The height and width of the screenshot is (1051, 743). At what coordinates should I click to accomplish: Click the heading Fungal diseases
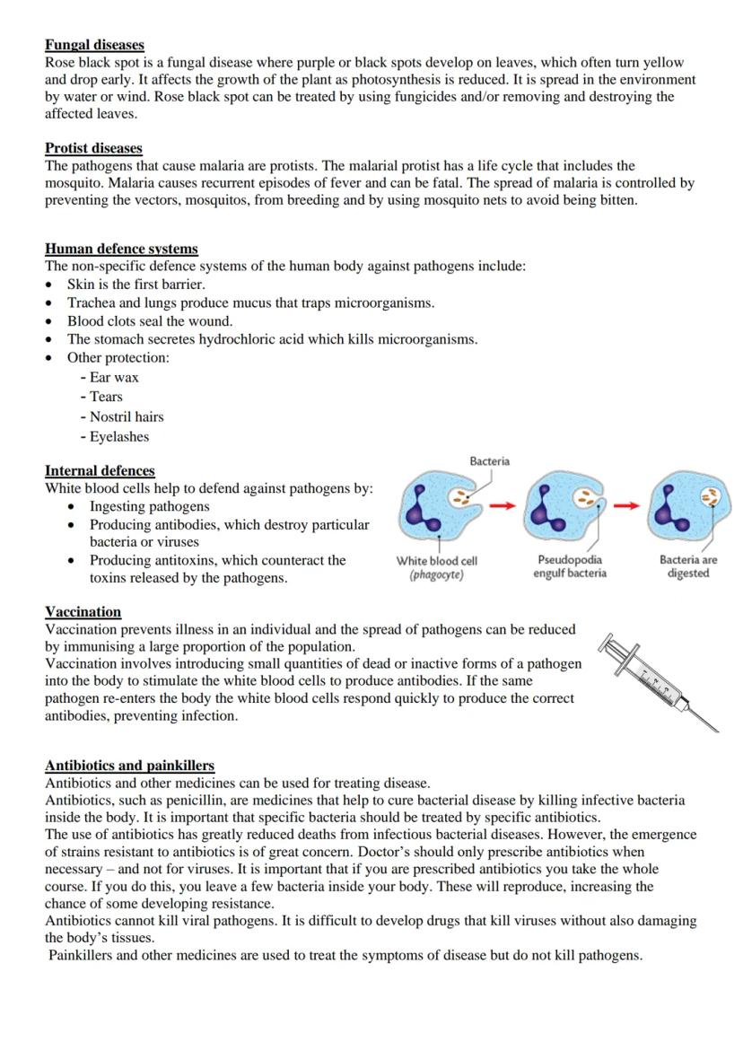[x=94, y=45]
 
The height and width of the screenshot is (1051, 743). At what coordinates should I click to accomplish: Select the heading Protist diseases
[x=93, y=148]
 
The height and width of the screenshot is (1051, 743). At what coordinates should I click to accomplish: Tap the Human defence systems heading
[x=121, y=249]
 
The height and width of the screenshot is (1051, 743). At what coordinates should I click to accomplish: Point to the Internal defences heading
[x=100, y=470]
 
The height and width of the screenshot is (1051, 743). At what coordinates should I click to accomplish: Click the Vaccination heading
[x=83, y=612]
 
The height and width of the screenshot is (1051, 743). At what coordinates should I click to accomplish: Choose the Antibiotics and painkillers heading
[x=129, y=766]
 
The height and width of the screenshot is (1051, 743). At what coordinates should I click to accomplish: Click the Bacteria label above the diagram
[x=489, y=461]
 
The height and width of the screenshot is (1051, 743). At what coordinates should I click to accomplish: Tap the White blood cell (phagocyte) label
[x=437, y=567]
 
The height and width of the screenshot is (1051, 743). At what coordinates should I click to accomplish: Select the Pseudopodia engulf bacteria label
[x=570, y=566]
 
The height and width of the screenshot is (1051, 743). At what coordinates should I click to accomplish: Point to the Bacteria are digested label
[x=688, y=566]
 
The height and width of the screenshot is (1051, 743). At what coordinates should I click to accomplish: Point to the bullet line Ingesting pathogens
[x=149, y=506]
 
